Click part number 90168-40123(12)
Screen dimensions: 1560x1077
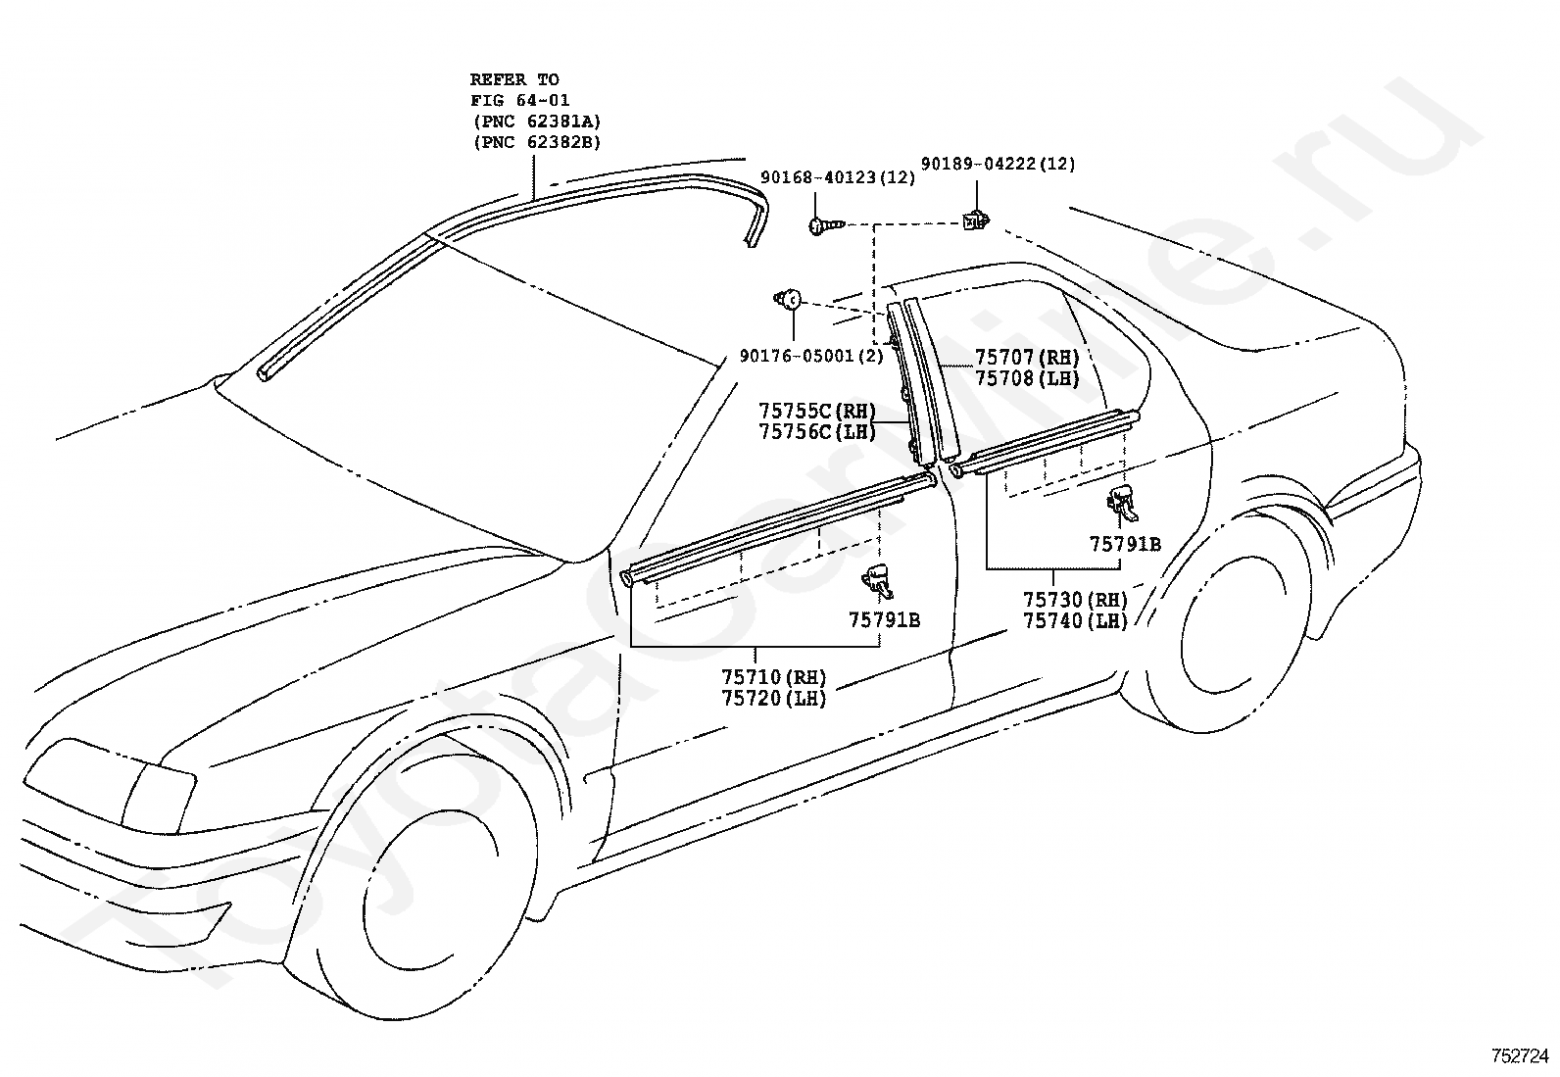tap(837, 177)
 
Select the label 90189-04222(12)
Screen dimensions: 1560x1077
tap(998, 164)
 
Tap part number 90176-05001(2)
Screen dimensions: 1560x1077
tap(811, 356)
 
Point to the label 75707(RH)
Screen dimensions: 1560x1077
tap(1027, 358)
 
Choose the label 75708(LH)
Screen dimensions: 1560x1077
tap(1027, 378)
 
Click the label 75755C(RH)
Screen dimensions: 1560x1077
tap(817, 411)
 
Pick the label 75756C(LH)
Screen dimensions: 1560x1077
tap(817, 432)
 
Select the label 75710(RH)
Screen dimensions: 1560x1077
tap(774, 677)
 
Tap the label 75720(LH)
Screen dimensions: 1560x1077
tap(774, 698)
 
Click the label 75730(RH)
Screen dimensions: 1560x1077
tap(1075, 600)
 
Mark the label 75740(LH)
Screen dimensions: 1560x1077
tap(1075, 620)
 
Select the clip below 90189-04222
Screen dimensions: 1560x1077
tap(976, 220)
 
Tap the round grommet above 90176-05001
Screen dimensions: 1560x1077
tap(788, 300)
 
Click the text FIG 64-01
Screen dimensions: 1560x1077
tap(519, 100)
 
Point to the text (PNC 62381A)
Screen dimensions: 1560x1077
tap(537, 122)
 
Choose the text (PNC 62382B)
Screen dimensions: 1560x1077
tap(537, 142)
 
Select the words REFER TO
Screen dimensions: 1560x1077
tap(514, 79)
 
